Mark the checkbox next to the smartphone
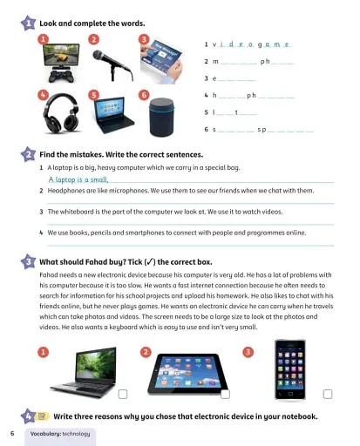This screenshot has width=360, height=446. click(328, 393)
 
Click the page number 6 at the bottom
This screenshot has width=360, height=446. click(12, 433)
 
